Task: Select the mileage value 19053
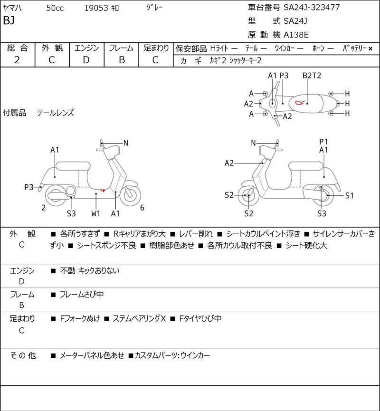pyautogui.click(x=97, y=8)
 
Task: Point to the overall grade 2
pyautogui.click(x=17, y=59)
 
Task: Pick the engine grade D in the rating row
pyautogui.click(x=86, y=59)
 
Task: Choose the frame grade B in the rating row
pyautogui.click(x=121, y=59)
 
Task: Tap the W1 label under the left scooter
pyautogui.click(x=96, y=213)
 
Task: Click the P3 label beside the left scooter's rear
pyautogui.click(x=29, y=187)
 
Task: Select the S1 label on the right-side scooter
pyautogui.click(x=349, y=195)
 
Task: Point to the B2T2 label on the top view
pyautogui.click(x=312, y=76)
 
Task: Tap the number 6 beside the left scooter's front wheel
pyautogui.click(x=142, y=207)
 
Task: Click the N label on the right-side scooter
pyautogui.click(x=253, y=143)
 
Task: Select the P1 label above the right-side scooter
pyautogui.click(x=323, y=141)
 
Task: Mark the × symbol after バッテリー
pyautogui.click(x=370, y=48)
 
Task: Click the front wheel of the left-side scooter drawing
pyautogui.click(x=130, y=195)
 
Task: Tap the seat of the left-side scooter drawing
pyautogui.click(x=73, y=165)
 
